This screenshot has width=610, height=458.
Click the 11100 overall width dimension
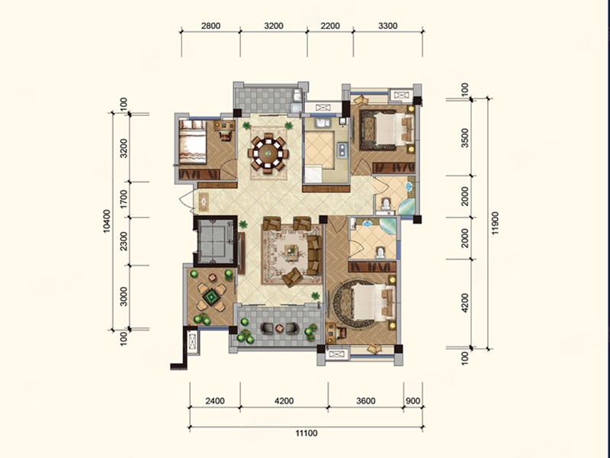pyautogui.click(x=307, y=433)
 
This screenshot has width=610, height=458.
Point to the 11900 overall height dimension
pyautogui.click(x=495, y=223)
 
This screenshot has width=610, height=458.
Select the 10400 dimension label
pyautogui.click(x=107, y=221)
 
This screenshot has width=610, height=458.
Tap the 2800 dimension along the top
pyautogui.click(x=211, y=26)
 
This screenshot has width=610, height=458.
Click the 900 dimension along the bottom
pyautogui.click(x=413, y=401)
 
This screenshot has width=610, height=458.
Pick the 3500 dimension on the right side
pyautogui.click(x=465, y=138)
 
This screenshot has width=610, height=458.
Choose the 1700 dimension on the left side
pyautogui.click(x=124, y=199)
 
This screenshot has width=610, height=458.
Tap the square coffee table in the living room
pyautogui.click(x=291, y=252)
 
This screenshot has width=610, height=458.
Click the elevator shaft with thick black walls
pyautogui.click(x=216, y=241)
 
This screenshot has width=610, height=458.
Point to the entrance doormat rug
pyautogui.click(x=204, y=202)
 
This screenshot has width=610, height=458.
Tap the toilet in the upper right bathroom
pyautogui.click(x=386, y=204)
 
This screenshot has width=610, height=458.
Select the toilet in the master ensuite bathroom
pyautogui.click(x=380, y=253)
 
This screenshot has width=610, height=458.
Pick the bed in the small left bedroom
pyautogui.click(x=192, y=142)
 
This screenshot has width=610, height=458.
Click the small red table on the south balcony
pyautogui.click(x=279, y=328)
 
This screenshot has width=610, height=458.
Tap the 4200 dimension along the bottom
pyautogui.click(x=284, y=401)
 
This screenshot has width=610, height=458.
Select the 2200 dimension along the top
pyautogui.click(x=330, y=26)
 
